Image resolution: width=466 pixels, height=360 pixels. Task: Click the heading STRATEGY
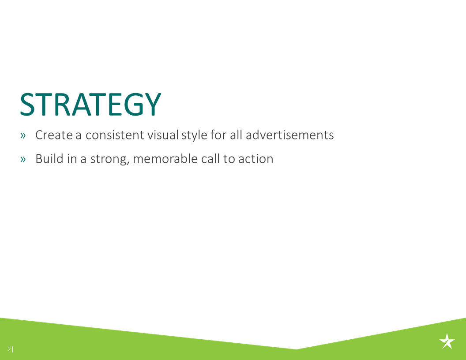(x=90, y=105)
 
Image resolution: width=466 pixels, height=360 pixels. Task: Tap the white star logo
(x=447, y=341)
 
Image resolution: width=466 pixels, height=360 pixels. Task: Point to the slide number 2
(x=9, y=349)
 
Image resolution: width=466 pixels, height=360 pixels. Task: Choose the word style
(x=194, y=135)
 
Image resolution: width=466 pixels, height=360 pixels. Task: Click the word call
(x=210, y=159)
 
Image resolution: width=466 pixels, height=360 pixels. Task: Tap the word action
(x=256, y=159)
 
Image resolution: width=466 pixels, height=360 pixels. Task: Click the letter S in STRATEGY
(x=27, y=105)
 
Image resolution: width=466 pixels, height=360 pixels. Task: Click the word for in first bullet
(x=218, y=135)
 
